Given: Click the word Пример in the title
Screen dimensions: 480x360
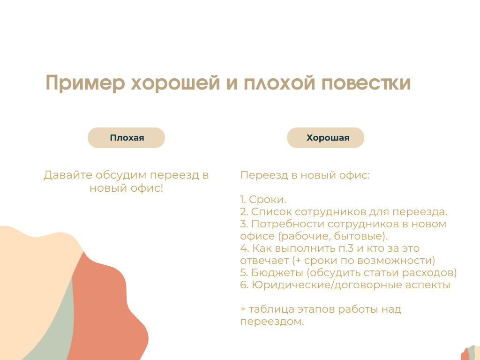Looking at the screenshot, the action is tap(85, 82).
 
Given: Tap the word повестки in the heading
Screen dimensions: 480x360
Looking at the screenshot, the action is tap(366, 82).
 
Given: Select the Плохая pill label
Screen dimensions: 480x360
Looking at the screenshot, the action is tap(127, 138).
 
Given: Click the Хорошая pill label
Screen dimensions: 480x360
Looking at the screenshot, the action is tap(328, 138).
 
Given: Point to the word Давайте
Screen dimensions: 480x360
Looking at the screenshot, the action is tap(67, 175).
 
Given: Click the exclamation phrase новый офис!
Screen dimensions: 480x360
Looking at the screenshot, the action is tap(126, 188).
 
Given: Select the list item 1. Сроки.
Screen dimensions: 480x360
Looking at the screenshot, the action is tap(263, 199).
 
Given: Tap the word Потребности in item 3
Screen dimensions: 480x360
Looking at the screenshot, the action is tap(288, 224).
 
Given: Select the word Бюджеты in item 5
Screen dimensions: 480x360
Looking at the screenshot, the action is tap(277, 272).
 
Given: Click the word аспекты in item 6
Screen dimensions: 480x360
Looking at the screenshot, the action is tap(427, 285).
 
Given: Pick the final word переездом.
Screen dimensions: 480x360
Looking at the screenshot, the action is tap(272, 322).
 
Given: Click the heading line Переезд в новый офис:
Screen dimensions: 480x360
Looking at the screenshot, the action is tap(305, 175).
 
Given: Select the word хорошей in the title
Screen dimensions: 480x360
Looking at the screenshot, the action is tap(175, 82).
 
